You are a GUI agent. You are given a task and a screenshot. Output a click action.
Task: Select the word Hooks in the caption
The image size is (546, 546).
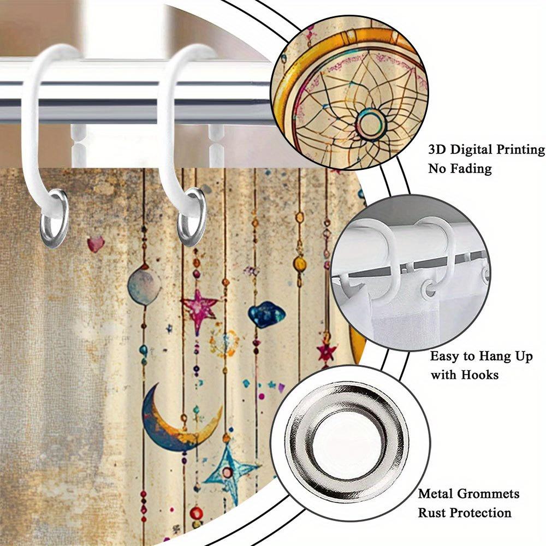pos(480,375)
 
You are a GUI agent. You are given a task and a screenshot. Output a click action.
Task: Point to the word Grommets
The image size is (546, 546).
pos(488,494)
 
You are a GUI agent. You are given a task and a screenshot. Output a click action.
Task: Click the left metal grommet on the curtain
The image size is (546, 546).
pos(54,218)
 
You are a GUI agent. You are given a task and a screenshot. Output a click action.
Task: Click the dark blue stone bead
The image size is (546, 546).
pos(266,314)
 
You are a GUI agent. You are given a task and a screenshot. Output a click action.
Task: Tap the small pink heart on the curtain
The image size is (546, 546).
pos(96,244)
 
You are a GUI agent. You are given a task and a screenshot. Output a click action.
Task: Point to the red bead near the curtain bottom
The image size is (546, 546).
pos(197,513)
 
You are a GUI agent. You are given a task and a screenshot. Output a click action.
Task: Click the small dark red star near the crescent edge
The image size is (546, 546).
pos(327,352)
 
